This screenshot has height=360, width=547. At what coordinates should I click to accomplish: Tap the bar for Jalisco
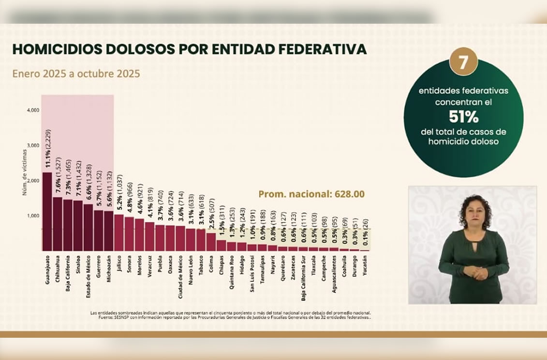click(x=118, y=232)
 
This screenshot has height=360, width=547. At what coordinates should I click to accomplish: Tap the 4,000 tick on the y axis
click(x=33, y=110)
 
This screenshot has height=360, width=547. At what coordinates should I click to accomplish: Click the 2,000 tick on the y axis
click(x=33, y=180)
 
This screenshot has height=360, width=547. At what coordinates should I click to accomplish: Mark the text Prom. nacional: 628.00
click(x=311, y=194)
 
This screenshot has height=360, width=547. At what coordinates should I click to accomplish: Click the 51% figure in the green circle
click(x=463, y=117)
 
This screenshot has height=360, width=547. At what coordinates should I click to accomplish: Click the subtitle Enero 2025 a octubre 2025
click(x=76, y=74)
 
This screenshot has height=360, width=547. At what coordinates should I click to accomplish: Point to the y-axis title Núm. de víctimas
click(x=24, y=172)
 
